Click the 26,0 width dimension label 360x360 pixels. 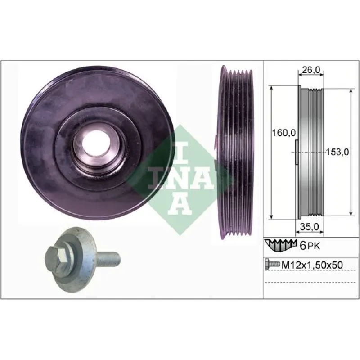[310, 70]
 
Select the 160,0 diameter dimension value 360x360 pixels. [283, 133]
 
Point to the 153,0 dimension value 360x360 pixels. [337, 152]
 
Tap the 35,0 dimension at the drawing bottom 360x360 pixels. [310, 227]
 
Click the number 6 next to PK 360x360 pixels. [303, 246]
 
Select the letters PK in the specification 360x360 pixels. [313, 247]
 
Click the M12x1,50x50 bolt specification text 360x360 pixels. [312, 265]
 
